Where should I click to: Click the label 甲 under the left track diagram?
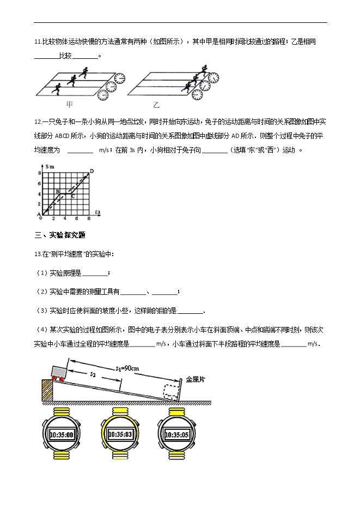(x=69, y=104)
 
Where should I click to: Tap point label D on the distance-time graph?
(x=91, y=171)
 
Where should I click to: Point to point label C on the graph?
(x=73, y=197)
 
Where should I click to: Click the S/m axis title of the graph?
(x=50, y=166)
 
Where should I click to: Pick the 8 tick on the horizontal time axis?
(x=88, y=218)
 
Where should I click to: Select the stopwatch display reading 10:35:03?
(x=120, y=434)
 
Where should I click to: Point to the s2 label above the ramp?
(x=94, y=375)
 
